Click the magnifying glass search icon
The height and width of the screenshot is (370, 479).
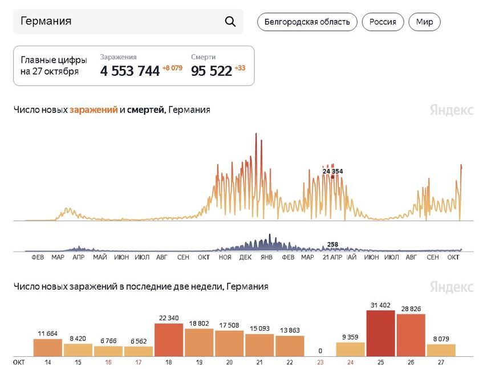(230, 22)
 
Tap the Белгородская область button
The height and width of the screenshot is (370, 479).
(307, 22)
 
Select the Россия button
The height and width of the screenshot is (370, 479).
(383, 22)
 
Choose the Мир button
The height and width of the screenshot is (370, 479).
(424, 22)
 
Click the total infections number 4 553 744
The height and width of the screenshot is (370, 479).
(130, 71)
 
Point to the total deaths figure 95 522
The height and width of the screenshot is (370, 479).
(212, 71)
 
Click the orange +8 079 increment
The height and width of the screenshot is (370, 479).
(172, 68)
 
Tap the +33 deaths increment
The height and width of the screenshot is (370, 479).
(240, 68)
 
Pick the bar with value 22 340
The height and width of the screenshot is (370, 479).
(169, 340)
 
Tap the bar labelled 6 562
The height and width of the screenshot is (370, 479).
(139, 351)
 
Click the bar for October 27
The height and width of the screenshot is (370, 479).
(441, 349)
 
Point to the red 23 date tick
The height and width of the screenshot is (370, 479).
(320, 361)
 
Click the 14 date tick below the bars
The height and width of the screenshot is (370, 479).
(48, 361)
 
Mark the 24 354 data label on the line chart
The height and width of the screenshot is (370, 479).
(332, 171)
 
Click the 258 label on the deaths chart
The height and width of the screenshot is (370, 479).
(332, 245)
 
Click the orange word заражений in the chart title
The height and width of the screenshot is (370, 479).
(94, 109)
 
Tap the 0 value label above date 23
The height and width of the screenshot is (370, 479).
(320, 351)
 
